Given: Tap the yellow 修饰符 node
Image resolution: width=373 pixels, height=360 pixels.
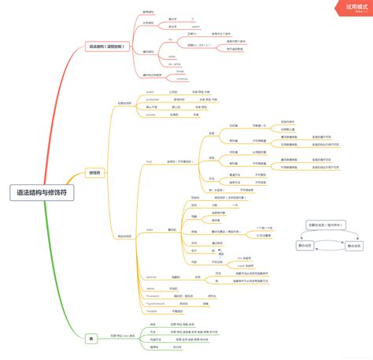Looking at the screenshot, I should pos(94,173).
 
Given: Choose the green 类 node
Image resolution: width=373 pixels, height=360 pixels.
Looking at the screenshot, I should pos(92,338).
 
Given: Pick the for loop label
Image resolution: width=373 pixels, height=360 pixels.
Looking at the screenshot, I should pos(171,38).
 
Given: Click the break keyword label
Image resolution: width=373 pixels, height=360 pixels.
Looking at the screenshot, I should pos(179,71).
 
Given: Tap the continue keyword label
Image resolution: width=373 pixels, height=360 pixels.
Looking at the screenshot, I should pos(182,78).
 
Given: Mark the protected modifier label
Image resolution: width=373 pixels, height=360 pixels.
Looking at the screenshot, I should pos(153,99).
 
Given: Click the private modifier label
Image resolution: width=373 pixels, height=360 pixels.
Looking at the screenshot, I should pos(150,115).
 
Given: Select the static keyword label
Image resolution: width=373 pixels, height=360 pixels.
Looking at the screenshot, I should pos(149,229).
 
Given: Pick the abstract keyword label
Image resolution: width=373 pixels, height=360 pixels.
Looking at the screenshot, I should pos(151,277).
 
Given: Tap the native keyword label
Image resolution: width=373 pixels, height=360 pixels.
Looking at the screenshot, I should pos(150,289).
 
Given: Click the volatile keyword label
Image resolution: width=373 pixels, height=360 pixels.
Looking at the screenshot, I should pos(151,312).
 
